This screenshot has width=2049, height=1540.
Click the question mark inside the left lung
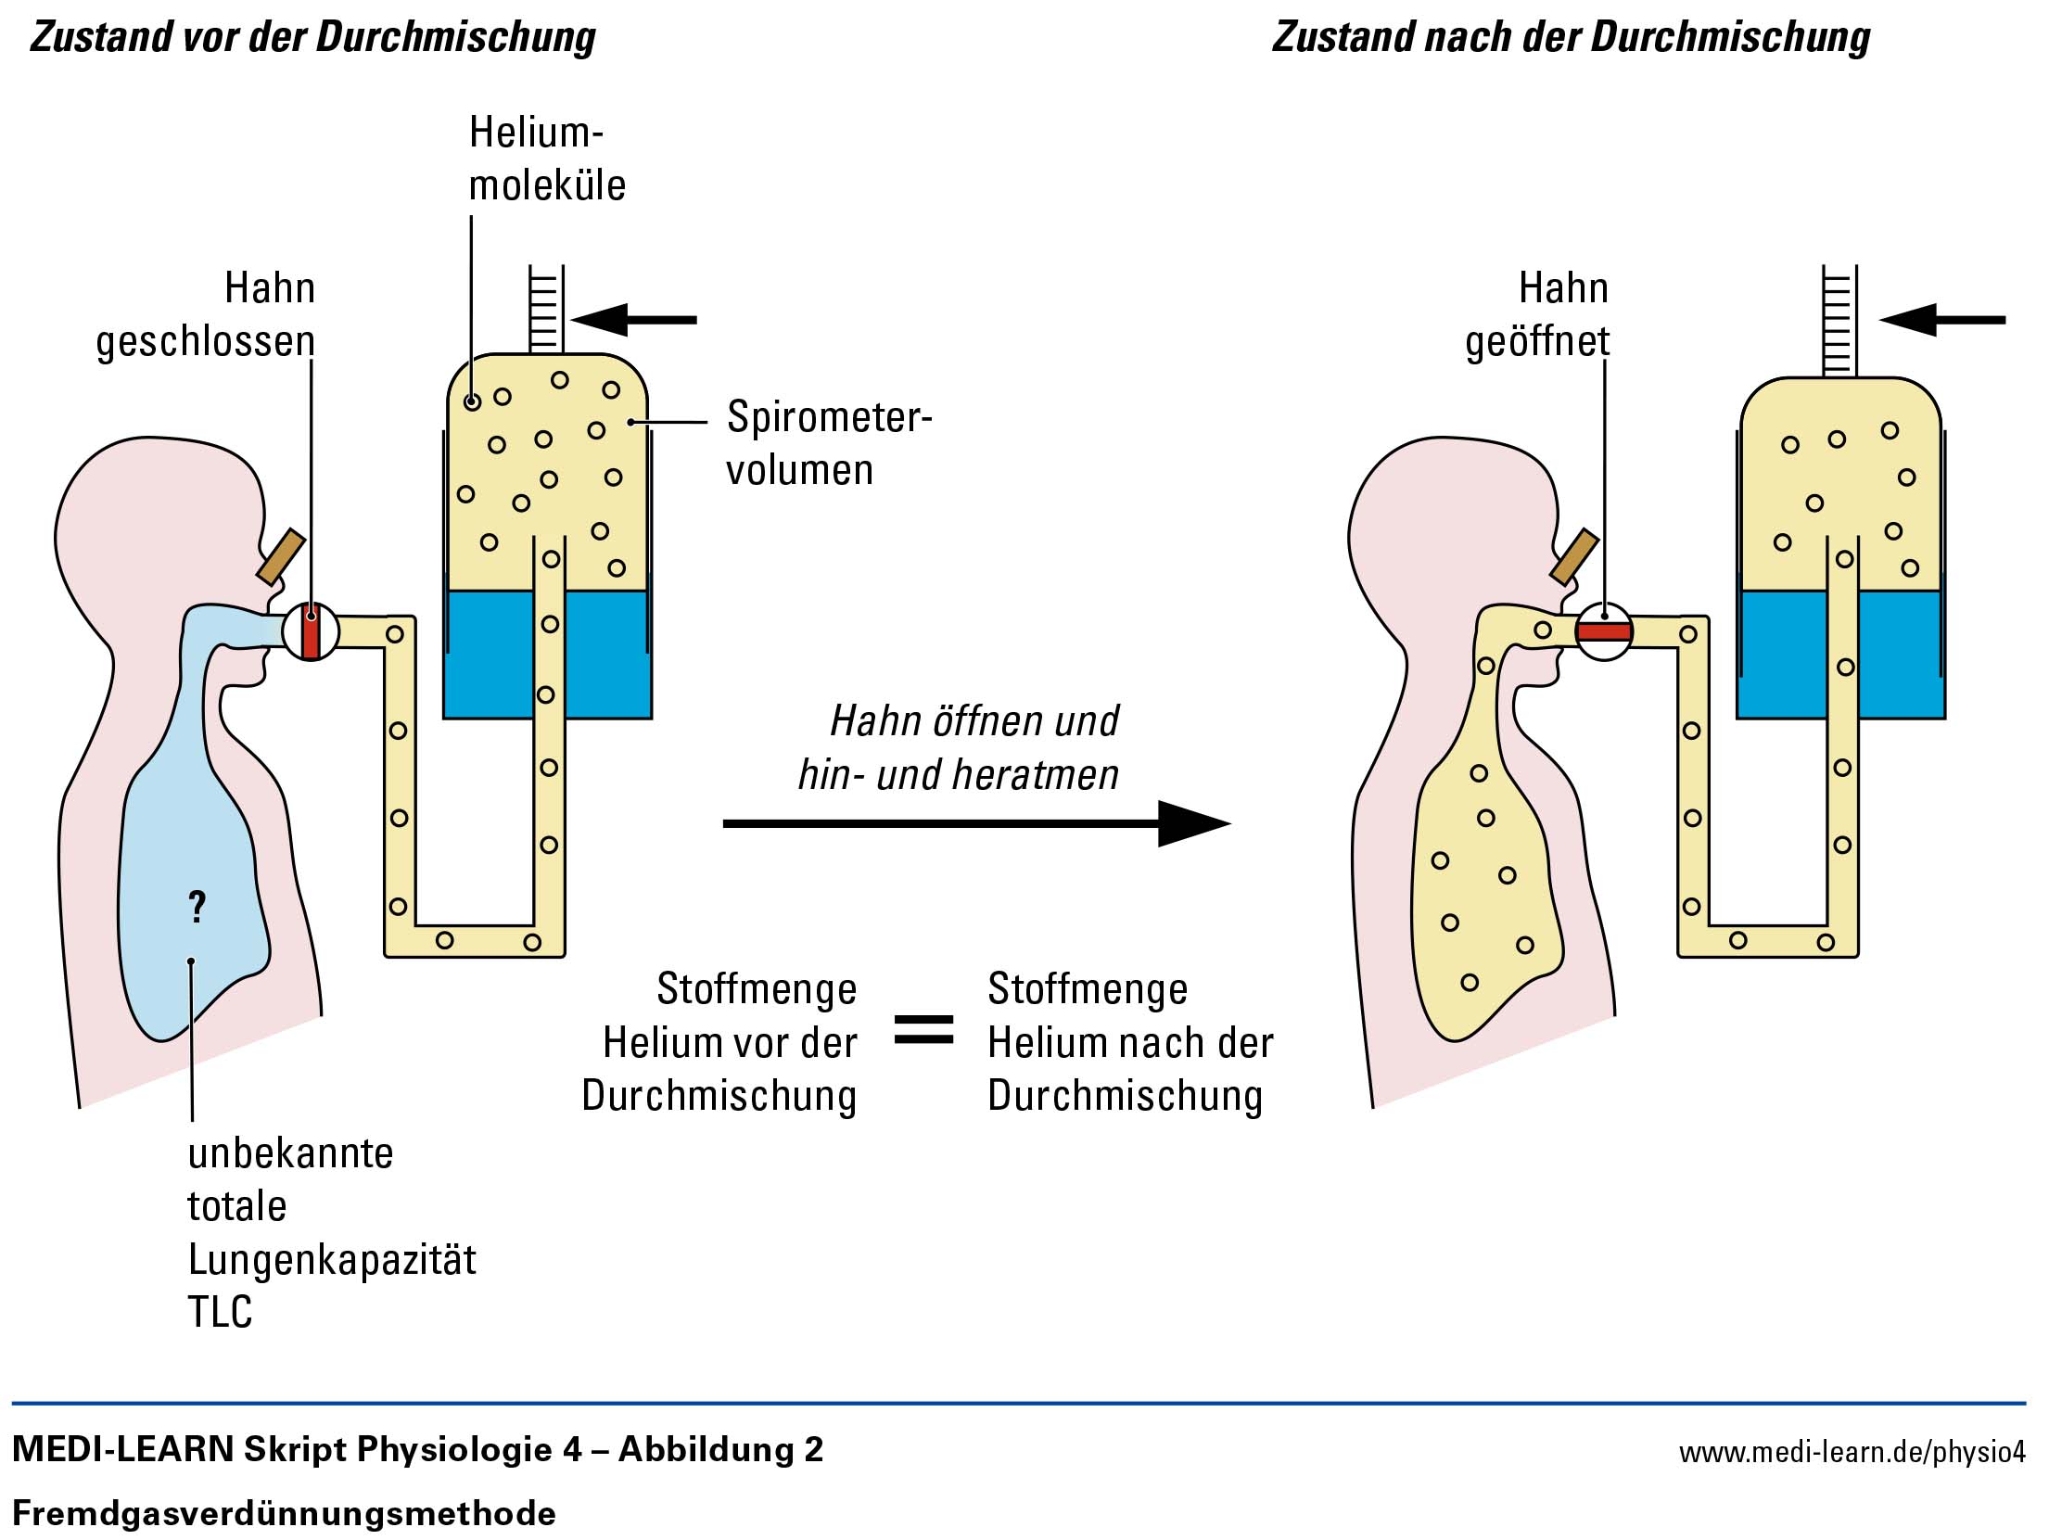click(197, 906)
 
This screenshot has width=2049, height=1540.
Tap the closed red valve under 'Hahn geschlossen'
click(311, 632)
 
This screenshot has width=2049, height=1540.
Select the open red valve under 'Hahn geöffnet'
click(1604, 632)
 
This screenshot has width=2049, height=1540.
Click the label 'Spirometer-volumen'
click(828, 443)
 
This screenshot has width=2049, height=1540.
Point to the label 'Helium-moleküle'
click(546, 159)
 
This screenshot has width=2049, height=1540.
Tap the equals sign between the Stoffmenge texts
click(923, 1029)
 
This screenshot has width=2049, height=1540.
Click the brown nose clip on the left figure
click(281, 556)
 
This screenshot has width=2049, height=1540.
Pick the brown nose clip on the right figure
click(1574, 556)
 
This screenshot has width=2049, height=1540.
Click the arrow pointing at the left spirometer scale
click(634, 320)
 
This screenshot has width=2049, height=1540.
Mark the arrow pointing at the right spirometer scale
click(1942, 320)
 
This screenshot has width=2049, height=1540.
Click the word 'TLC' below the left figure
click(220, 1312)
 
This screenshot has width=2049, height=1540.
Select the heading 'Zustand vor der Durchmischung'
click(313, 37)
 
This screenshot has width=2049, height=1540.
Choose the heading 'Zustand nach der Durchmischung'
click(1571, 37)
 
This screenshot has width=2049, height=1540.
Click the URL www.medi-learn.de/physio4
click(1852, 1452)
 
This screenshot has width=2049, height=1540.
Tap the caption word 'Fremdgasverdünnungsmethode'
click(284, 1514)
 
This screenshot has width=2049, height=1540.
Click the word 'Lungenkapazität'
click(332, 1259)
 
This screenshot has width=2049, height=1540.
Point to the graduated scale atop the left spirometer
click(545, 309)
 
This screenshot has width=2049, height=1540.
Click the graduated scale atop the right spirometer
click(1839, 320)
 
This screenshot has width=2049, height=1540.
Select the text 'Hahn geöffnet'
click(1539, 314)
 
